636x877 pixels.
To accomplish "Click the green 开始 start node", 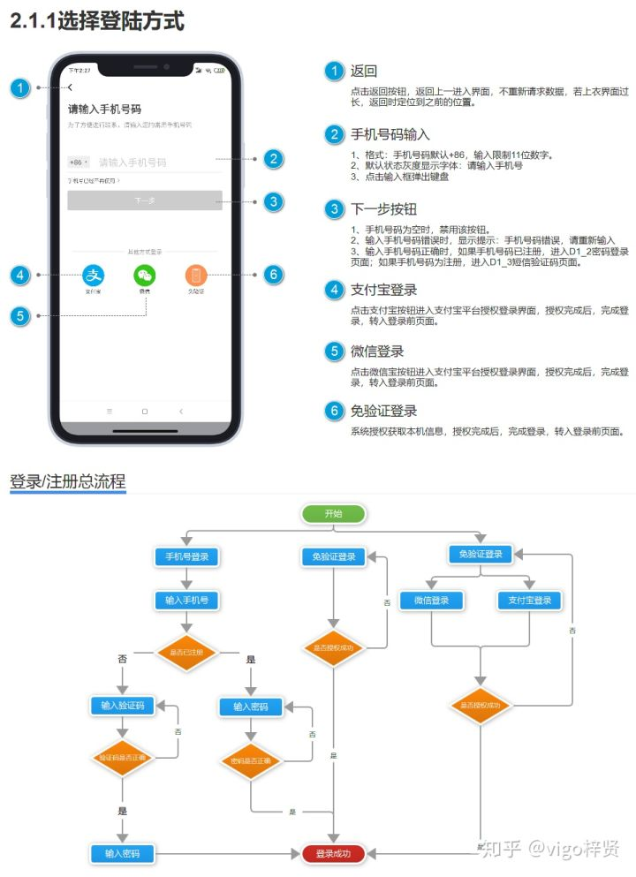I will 333,514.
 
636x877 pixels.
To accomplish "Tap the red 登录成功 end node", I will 333,853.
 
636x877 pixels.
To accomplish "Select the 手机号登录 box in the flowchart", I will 186,556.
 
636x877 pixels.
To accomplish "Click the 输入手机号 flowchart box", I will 186,600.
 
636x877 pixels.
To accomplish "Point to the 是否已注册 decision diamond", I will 186,652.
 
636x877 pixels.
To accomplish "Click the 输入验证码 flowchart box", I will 123,705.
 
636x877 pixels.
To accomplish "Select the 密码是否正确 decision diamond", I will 251,760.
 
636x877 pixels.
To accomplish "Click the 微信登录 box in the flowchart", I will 431,601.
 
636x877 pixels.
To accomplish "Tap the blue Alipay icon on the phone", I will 94,275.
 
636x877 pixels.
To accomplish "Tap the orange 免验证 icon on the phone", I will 195,275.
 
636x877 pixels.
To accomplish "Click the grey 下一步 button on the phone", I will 145,200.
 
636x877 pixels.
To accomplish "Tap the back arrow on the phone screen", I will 71,87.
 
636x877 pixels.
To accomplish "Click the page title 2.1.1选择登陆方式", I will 97,22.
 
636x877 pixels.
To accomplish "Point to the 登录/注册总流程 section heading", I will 68,482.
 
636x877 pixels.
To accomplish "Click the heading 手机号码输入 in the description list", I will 390,134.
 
